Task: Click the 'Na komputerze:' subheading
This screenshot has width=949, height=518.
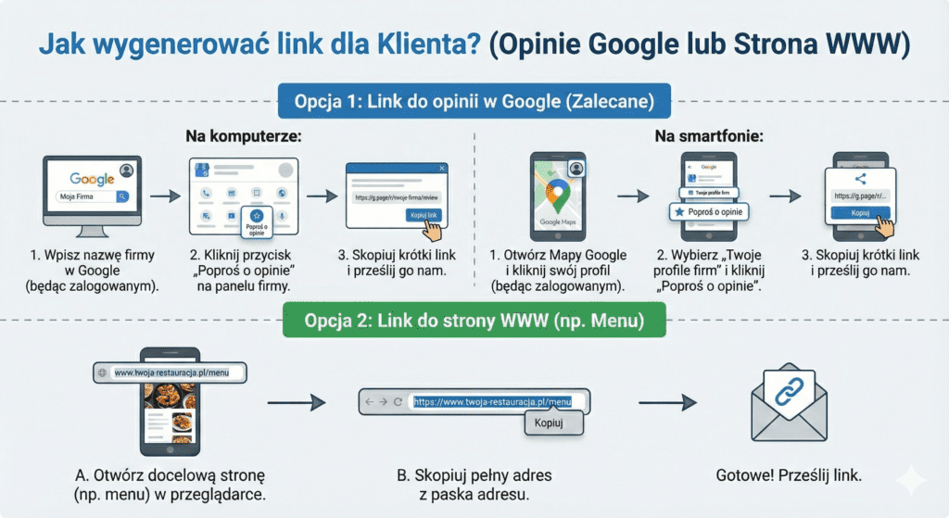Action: pos(244,136)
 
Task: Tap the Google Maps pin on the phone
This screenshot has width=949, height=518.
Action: pos(557,196)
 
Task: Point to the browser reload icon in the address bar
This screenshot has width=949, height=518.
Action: pos(398,402)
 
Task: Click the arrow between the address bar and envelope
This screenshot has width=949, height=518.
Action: pos(667,402)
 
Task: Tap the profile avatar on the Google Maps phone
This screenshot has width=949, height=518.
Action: pos(576,169)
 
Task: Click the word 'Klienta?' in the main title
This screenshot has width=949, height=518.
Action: pos(433,44)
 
